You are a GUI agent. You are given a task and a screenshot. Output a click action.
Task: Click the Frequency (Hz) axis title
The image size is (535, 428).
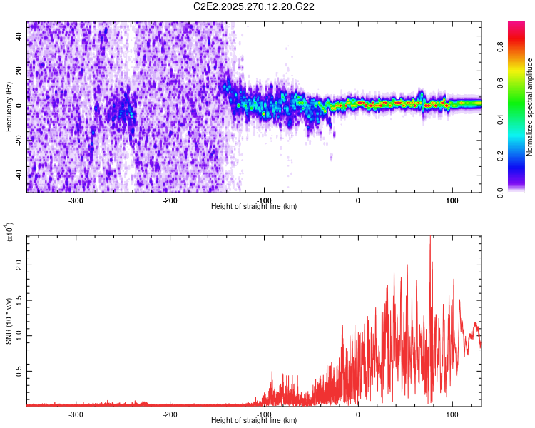pos(9,107)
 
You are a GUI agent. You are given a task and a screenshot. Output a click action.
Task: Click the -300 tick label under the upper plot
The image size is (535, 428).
pos(76,200)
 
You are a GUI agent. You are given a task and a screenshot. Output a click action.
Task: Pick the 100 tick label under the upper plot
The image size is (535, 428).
pos(452,200)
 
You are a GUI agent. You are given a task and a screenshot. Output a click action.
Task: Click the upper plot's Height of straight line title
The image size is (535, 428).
pos(254,207)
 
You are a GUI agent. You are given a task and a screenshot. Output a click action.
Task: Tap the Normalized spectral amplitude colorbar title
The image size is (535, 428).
pos(529,107)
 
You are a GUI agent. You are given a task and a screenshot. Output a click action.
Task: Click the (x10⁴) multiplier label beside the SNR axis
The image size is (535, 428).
pos(9,233)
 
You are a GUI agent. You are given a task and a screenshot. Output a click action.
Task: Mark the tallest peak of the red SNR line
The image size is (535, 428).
pos(430,238)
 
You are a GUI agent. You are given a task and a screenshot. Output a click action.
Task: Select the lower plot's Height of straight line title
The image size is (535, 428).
pos(254,421)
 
